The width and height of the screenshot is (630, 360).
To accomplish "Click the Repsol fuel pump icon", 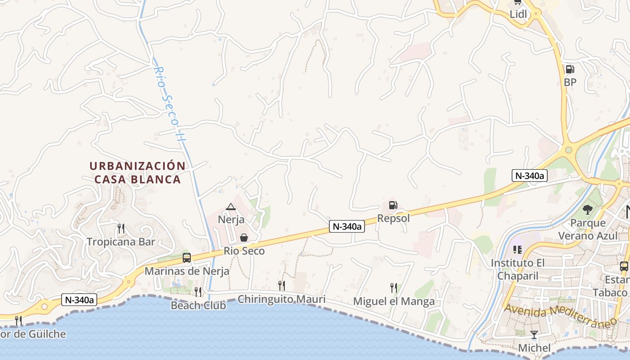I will pyautogui.click(x=393, y=205).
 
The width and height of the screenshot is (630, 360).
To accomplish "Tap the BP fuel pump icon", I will pyautogui.click(x=570, y=69).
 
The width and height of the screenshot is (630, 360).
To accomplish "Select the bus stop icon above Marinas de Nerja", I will pyautogui.click(x=187, y=258).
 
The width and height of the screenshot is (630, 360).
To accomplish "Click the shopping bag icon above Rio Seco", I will pyautogui.click(x=243, y=237).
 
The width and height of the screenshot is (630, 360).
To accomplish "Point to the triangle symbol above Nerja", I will pyautogui.click(x=231, y=207).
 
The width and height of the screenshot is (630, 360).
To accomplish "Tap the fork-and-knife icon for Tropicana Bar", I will pyautogui.click(x=121, y=229).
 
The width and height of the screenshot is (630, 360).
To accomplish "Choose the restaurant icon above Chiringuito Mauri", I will pyautogui.click(x=281, y=285).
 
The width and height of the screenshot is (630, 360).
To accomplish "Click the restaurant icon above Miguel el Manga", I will pyautogui.click(x=394, y=288).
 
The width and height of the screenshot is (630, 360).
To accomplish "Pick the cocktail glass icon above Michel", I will pyautogui.click(x=534, y=335).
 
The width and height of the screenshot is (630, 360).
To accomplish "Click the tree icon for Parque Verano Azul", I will pyautogui.click(x=587, y=209).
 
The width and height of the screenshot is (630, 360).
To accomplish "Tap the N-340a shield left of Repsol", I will pyautogui.click(x=346, y=227).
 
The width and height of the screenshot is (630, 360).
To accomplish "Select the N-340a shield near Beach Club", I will pyautogui.click(x=79, y=300).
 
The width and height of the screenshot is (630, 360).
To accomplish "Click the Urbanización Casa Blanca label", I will pyautogui.click(x=138, y=172).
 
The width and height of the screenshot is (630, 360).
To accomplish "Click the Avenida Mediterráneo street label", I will pyautogui.click(x=561, y=315).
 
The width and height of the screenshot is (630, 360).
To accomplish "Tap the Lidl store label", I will pyautogui.click(x=518, y=14).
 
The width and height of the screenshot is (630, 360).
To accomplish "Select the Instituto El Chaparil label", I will pyautogui.click(x=517, y=269).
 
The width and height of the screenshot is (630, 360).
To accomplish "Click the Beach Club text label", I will pyautogui.click(x=198, y=306).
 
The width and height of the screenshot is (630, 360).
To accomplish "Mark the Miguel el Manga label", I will pyautogui.click(x=394, y=301).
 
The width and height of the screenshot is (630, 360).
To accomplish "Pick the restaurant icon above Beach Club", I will pyautogui.click(x=198, y=292).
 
